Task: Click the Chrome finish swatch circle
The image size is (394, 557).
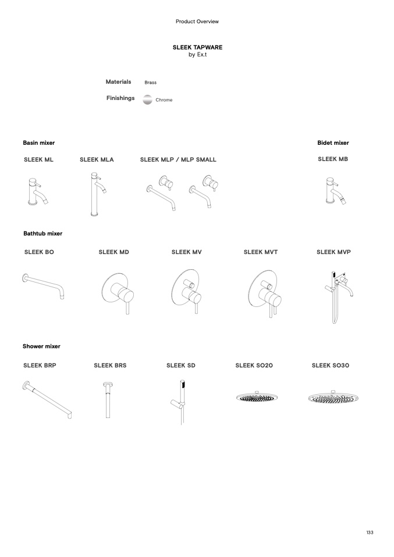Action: (x=148, y=100)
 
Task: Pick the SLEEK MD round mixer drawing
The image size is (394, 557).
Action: (x=118, y=293)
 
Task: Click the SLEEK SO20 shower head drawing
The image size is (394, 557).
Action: (x=257, y=397)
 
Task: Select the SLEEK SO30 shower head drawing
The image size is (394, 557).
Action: (x=333, y=397)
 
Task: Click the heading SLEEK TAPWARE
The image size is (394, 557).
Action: (x=197, y=47)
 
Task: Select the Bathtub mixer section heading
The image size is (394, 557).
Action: (x=42, y=233)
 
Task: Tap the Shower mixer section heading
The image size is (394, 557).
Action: (x=41, y=347)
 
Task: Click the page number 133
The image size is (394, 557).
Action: (x=370, y=532)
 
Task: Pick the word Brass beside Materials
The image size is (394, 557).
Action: (x=150, y=83)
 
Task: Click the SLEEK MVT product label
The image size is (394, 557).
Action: (x=260, y=252)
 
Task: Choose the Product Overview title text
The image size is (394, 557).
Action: (x=197, y=22)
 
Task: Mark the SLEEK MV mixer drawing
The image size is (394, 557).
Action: (x=187, y=291)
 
